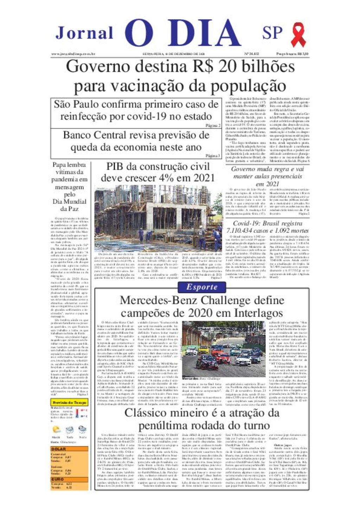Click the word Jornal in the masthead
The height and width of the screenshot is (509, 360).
coord(84,33)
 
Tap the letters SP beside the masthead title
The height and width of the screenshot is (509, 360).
coord(272,33)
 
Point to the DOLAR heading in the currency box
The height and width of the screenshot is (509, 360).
coord(58,449)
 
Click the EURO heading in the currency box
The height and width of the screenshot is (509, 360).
coord(58,479)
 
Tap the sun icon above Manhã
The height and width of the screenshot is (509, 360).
coord(56,430)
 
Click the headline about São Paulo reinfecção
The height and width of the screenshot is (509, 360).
coord(136,110)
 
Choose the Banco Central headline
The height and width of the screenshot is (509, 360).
coord(136,141)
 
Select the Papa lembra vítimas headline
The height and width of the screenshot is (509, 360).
coord(69,187)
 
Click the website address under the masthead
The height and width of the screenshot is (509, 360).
coord(73,54)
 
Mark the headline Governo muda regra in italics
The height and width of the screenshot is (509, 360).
coord(267,176)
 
